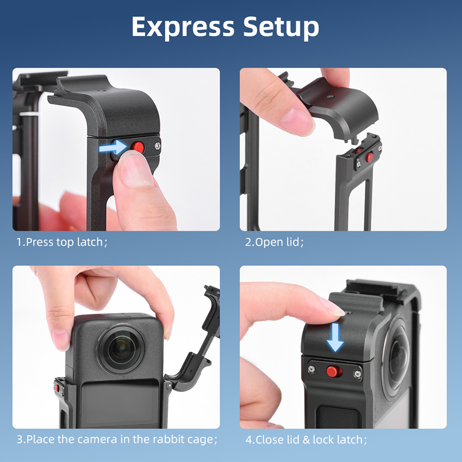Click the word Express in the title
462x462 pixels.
click(x=183, y=27)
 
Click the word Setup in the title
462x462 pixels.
click(x=281, y=27)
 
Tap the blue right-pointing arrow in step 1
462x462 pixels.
click(x=113, y=147)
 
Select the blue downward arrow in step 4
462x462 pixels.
click(x=335, y=337)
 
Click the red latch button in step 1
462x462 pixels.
click(x=138, y=147)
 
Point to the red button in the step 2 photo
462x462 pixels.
click(x=370, y=157)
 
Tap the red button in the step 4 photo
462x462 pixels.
click(x=334, y=371)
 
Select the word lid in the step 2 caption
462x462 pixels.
click(x=292, y=242)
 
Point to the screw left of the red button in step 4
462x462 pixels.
click(x=311, y=369)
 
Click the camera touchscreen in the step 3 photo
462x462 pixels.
click(x=120, y=404)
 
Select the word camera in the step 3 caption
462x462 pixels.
click(x=97, y=439)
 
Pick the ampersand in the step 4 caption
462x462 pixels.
click(x=306, y=440)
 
